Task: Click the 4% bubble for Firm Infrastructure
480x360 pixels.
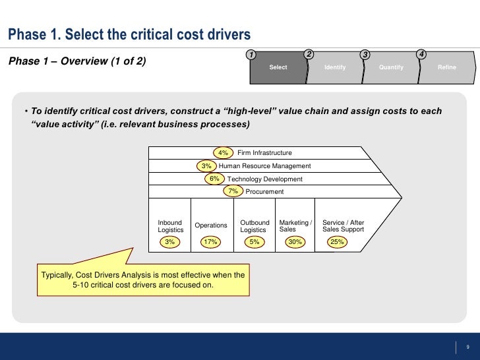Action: coord(224,152)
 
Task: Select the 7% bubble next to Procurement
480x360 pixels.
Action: coord(233,191)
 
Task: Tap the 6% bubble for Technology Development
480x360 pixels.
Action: coord(214,179)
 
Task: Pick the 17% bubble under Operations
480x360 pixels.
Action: coord(210,242)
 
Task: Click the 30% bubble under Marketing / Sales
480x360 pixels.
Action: coord(295,242)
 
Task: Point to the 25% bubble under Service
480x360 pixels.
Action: coord(337,242)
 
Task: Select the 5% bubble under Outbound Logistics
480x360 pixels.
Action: coord(254,242)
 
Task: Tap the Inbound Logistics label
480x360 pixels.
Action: coord(171,226)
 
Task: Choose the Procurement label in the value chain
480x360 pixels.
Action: coord(264,192)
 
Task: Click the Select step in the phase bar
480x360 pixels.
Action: coord(278,67)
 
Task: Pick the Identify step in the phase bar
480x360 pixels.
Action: coord(335,67)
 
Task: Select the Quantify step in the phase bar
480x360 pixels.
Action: coord(392,67)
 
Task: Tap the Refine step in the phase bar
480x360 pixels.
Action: coord(446,67)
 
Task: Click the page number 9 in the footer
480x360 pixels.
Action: coord(467,347)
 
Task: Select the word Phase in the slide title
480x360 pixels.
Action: coord(26,34)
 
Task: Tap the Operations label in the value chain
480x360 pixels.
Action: coord(211,225)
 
